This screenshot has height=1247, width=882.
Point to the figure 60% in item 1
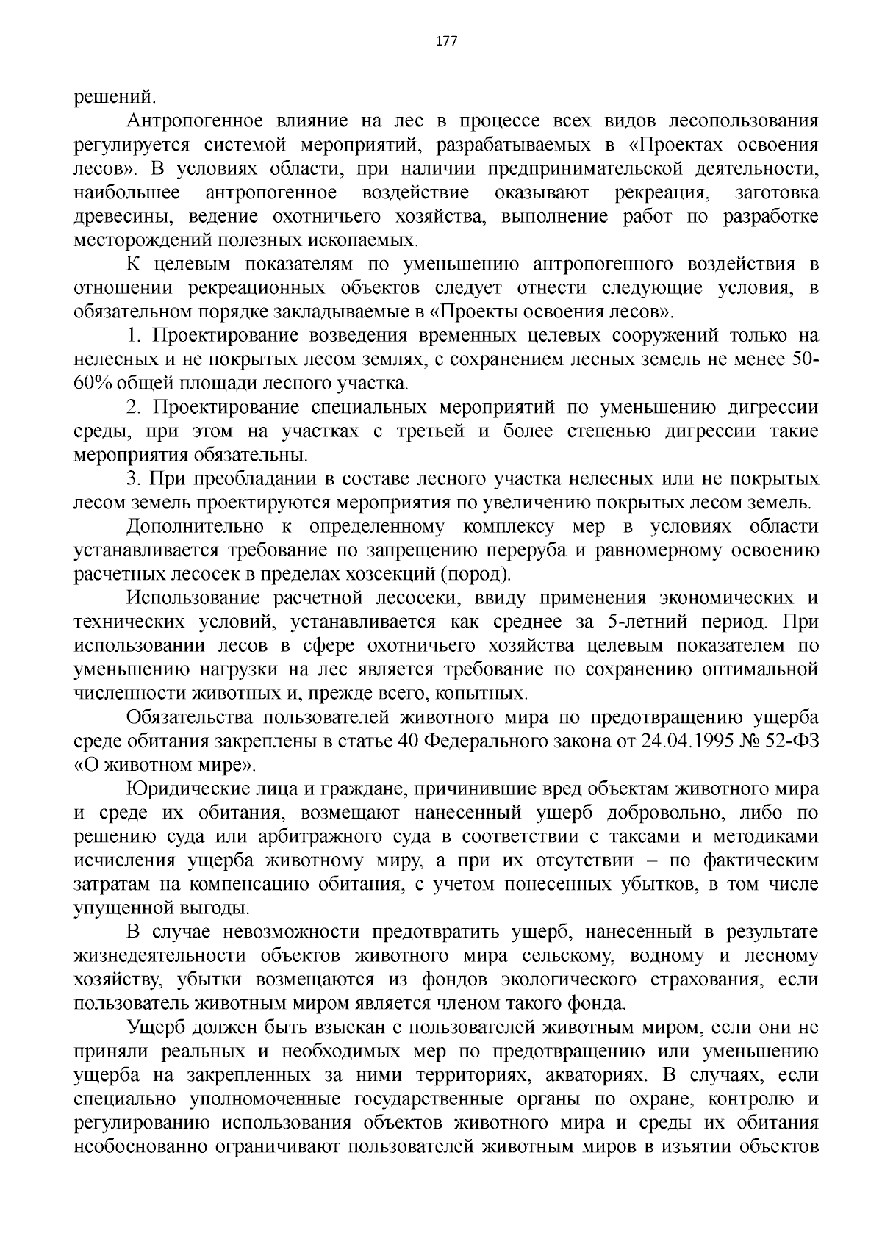tap(93, 384)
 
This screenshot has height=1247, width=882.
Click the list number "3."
tap(133, 479)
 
